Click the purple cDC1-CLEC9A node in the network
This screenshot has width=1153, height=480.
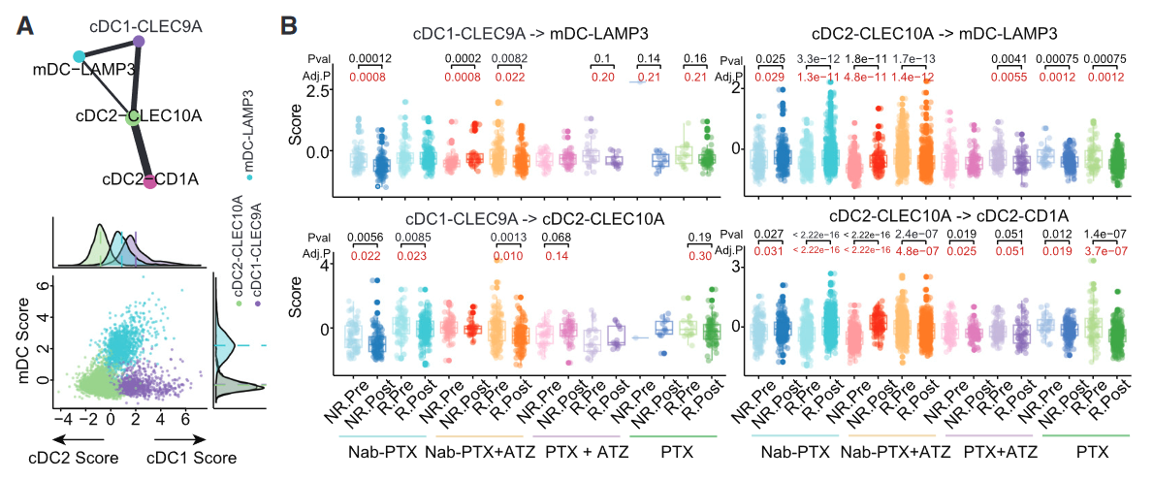click(139, 42)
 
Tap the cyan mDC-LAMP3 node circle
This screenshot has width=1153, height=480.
click(79, 57)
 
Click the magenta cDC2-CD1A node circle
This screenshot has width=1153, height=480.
click(150, 180)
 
